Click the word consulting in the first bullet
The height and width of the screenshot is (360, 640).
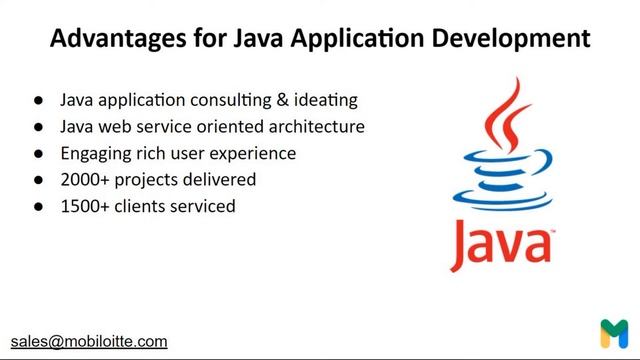coord(232,101)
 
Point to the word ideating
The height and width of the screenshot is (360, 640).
coord(326,101)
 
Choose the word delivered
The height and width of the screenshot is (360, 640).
coord(219,180)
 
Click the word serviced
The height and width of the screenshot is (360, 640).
coord(201,206)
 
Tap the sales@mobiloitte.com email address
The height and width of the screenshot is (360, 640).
coord(89,341)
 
